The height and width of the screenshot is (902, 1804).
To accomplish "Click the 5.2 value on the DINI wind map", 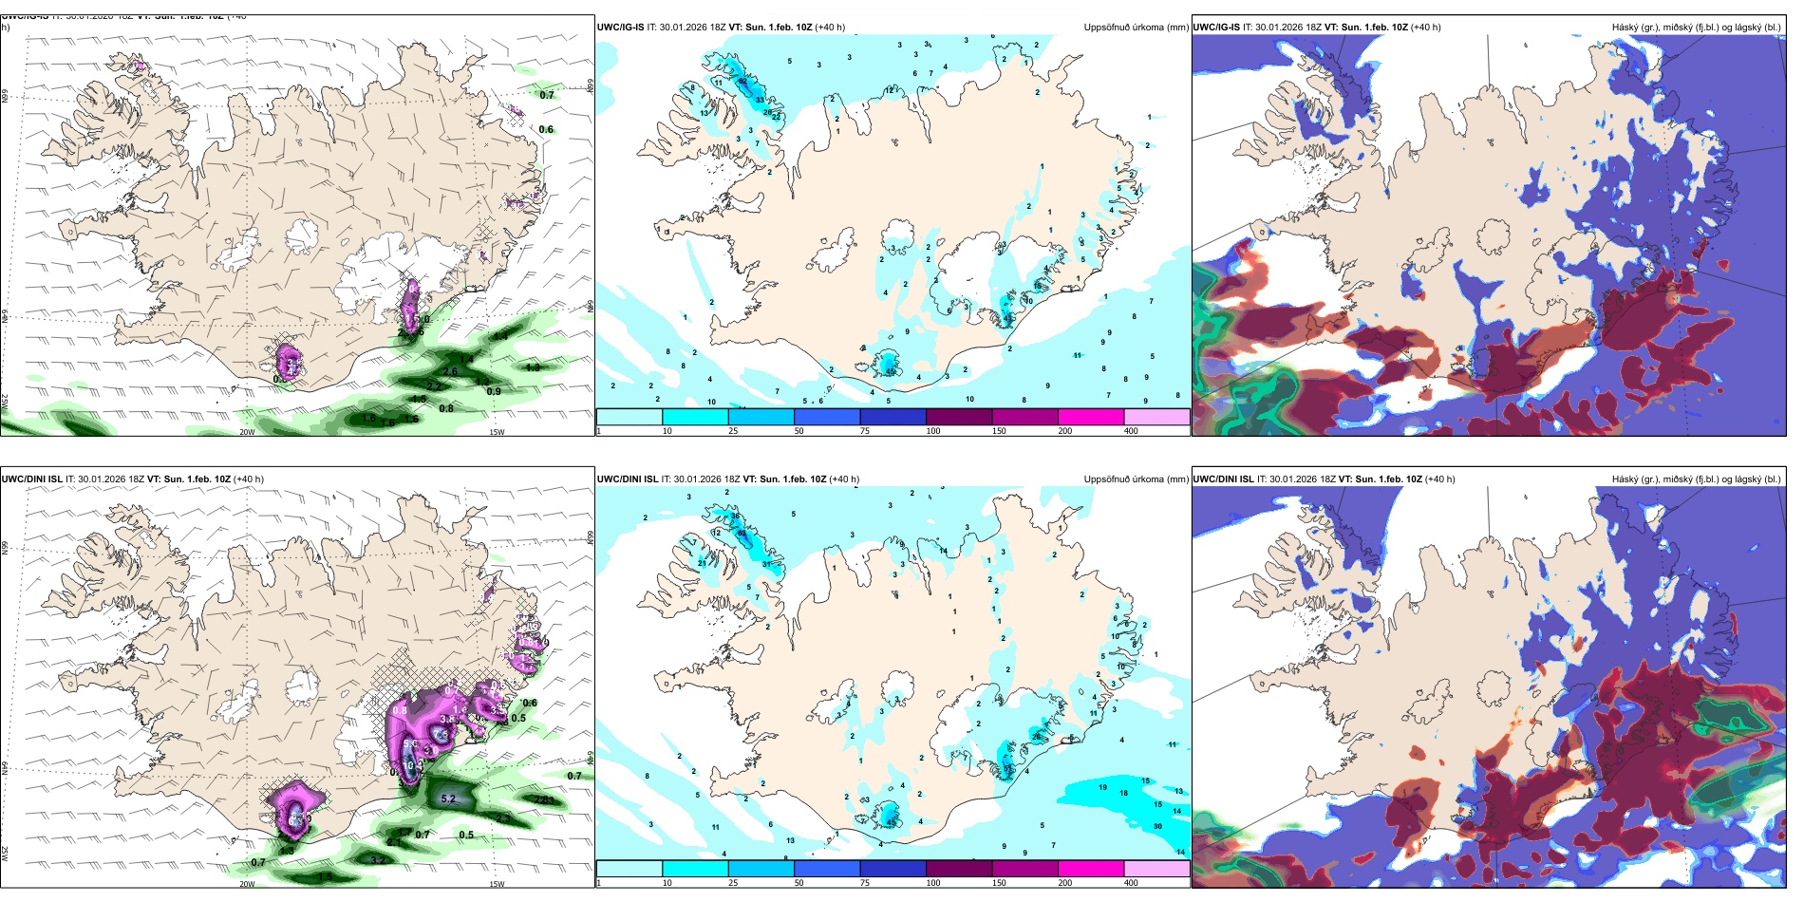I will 448,799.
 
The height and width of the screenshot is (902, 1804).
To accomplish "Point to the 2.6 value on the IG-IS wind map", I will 451,372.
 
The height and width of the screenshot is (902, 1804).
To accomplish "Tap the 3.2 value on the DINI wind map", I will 377,860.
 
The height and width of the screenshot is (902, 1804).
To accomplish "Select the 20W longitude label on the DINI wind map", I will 247,884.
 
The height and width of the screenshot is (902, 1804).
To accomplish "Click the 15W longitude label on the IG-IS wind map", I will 496,432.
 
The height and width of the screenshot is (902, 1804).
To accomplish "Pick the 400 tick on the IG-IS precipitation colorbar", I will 1131,431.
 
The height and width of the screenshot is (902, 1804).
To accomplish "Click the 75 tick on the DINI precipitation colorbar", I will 865,883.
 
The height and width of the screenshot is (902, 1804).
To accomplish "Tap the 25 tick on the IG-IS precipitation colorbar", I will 733,431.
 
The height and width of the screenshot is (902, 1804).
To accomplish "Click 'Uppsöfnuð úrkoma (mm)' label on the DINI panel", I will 1136,479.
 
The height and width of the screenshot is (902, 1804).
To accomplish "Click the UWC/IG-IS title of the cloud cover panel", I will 1216,28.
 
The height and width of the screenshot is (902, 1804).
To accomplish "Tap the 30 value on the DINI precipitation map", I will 1157,826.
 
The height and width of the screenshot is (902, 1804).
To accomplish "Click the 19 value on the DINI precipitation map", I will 1102,787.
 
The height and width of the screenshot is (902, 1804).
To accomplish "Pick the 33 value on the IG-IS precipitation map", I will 760,100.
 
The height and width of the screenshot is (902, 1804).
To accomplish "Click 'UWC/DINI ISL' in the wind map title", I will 31,479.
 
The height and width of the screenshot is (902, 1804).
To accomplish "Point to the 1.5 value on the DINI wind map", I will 325,876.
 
